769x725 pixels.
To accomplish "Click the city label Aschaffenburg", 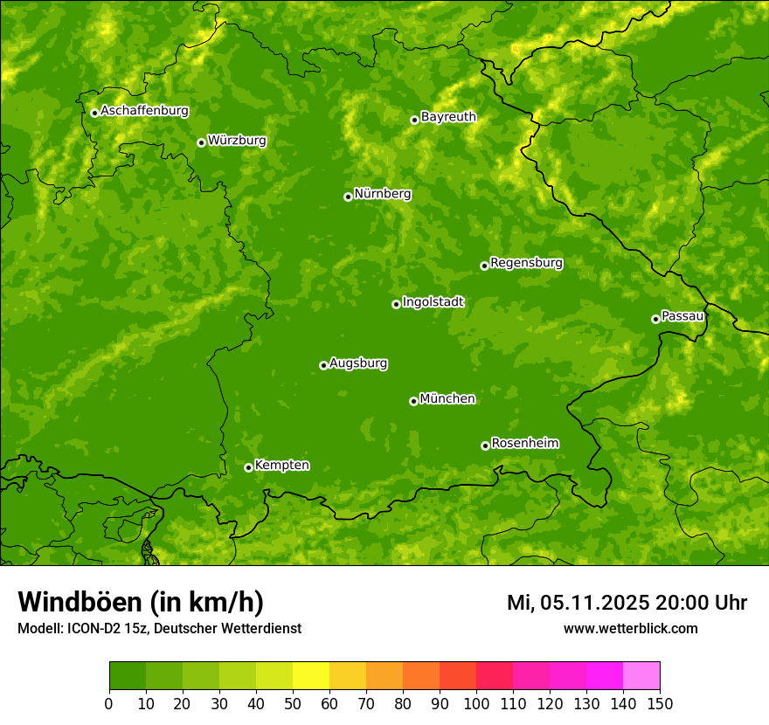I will pos(144,111).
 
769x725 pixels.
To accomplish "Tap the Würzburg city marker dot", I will pos(201,142).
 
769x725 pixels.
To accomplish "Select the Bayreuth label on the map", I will pos(448,117).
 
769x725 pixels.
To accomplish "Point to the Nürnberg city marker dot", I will pos(348,197).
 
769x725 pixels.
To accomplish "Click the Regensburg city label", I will pos(526,263).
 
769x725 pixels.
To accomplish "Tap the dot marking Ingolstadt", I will pos(396,304).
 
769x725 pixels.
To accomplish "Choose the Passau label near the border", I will pos(682,316).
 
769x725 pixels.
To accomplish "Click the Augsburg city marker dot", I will pos(323,365).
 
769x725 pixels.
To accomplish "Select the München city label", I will pos(447,399).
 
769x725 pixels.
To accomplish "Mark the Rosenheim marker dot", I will pos(485,445).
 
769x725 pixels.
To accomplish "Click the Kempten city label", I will pos(281,466).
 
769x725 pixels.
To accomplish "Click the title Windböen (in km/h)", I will pos(140,602).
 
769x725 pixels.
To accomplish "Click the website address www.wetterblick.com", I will pos(630,629).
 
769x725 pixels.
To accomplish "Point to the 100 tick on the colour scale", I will pos(476,703).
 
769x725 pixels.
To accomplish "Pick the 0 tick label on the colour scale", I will pos(109,703).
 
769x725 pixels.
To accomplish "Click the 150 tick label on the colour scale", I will pos(660,703).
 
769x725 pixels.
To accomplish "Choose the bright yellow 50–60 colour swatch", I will pos(311,676).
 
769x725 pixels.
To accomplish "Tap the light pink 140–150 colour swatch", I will pos(641,676).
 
